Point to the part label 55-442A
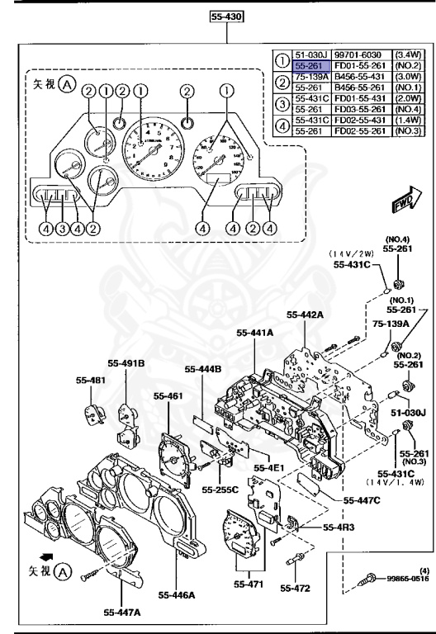306,315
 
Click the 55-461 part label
168,395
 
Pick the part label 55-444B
203,369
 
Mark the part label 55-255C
222,489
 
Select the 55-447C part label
339,499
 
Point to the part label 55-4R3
339,527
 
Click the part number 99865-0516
406,579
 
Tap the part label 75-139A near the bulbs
386,324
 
